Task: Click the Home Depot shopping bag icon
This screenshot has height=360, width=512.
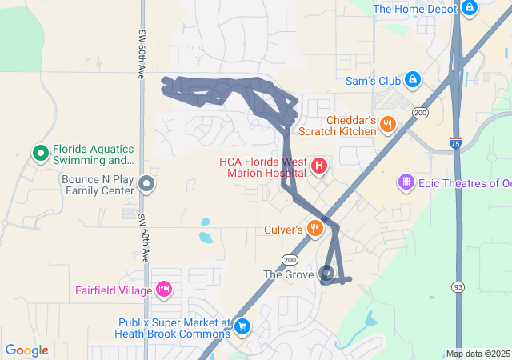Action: point(469,9)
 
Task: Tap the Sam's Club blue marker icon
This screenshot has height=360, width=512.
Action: point(413,80)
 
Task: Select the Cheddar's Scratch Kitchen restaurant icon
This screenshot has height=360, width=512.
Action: point(388,123)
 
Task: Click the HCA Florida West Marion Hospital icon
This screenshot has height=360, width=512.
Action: point(319,166)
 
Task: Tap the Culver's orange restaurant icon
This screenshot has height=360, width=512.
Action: point(316,230)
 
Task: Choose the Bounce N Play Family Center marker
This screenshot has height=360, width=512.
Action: point(146,185)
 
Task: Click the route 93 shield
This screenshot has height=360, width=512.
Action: point(458,286)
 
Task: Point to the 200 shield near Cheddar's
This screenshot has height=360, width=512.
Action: point(421,114)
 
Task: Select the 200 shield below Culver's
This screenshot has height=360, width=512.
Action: point(289,260)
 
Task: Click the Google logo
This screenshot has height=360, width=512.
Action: point(26,350)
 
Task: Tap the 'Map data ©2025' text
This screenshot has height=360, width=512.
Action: point(478,354)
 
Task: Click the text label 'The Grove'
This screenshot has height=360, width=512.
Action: point(290,275)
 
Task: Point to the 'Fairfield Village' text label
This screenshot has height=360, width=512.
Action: point(114,290)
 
